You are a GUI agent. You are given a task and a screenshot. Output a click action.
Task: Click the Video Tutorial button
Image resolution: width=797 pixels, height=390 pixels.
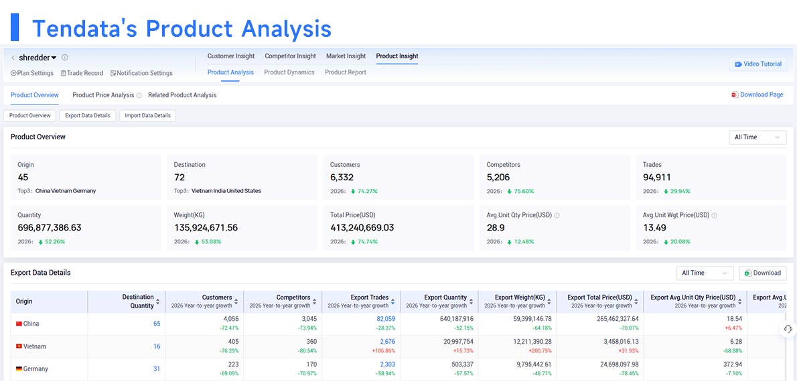click(758, 64)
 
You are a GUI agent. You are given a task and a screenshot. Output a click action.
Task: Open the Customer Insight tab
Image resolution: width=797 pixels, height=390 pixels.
click(231, 56)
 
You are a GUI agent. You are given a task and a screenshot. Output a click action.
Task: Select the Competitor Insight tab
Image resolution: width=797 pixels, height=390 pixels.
click(290, 56)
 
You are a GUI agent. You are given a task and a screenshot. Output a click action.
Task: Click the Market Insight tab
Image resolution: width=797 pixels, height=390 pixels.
click(346, 56)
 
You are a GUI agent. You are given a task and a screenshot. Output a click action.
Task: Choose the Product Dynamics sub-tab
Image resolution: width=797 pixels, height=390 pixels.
click(289, 72)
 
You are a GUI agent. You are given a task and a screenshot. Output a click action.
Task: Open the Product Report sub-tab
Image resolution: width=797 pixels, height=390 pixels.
click(346, 72)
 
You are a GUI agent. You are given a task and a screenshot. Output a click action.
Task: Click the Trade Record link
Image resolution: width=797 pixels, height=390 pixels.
click(82, 73)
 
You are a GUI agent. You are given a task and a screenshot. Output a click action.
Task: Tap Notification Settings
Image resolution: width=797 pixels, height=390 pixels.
click(141, 73)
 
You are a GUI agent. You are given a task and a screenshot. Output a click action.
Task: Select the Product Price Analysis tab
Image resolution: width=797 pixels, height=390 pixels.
click(103, 95)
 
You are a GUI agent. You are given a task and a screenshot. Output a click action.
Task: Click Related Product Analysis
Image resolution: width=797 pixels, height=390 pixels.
click(182, 95)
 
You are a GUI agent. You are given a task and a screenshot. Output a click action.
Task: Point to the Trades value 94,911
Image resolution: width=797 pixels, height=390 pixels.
click(657, 178)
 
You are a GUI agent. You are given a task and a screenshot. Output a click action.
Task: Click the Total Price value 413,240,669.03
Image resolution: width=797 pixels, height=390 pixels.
click(362, 228)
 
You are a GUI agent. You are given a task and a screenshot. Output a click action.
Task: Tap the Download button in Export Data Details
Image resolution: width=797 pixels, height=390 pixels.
click(762, 273)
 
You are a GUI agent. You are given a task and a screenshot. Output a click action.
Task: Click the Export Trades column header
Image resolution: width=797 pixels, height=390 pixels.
click(370, 298)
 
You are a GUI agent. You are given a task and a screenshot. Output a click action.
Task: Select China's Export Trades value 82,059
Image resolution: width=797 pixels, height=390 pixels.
click(385, 319)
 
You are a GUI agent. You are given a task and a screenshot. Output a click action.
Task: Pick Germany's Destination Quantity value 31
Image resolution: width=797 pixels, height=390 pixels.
click(157, 369)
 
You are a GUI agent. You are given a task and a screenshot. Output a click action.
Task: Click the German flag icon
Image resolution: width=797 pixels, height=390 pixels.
click(19, 369)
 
